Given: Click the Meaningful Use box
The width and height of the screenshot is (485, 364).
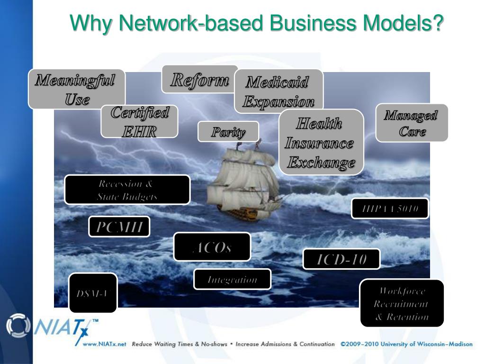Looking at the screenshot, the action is (76, 89).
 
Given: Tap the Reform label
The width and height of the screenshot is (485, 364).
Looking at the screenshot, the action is (199, 79).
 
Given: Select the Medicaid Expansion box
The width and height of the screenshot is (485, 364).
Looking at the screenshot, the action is (278, 91).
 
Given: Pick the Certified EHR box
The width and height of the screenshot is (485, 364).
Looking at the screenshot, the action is (139, 121).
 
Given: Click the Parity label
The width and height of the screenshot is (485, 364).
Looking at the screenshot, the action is (228, 131).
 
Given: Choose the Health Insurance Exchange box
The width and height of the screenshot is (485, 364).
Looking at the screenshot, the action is (321, 142).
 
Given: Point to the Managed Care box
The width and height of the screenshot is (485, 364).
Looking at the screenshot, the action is (411, 123).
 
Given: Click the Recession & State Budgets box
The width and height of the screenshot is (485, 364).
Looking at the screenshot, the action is (127, 190).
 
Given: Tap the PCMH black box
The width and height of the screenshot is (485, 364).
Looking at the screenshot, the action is (119, 227).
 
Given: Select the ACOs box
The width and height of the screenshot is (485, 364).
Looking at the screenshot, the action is (212, 247).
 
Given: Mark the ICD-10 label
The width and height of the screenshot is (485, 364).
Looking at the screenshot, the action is (341, 259).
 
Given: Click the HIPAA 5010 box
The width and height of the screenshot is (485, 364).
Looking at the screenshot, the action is (389, 209).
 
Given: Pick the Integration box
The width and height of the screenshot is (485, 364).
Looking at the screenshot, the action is (232, 279).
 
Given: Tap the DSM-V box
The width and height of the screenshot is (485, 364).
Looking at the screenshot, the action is (93, 293).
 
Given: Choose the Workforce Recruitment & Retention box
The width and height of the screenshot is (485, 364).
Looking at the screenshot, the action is (402, 303).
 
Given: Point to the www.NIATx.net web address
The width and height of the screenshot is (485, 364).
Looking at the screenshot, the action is (104, 344).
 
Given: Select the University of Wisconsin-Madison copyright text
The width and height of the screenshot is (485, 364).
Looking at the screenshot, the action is (406, 344).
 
